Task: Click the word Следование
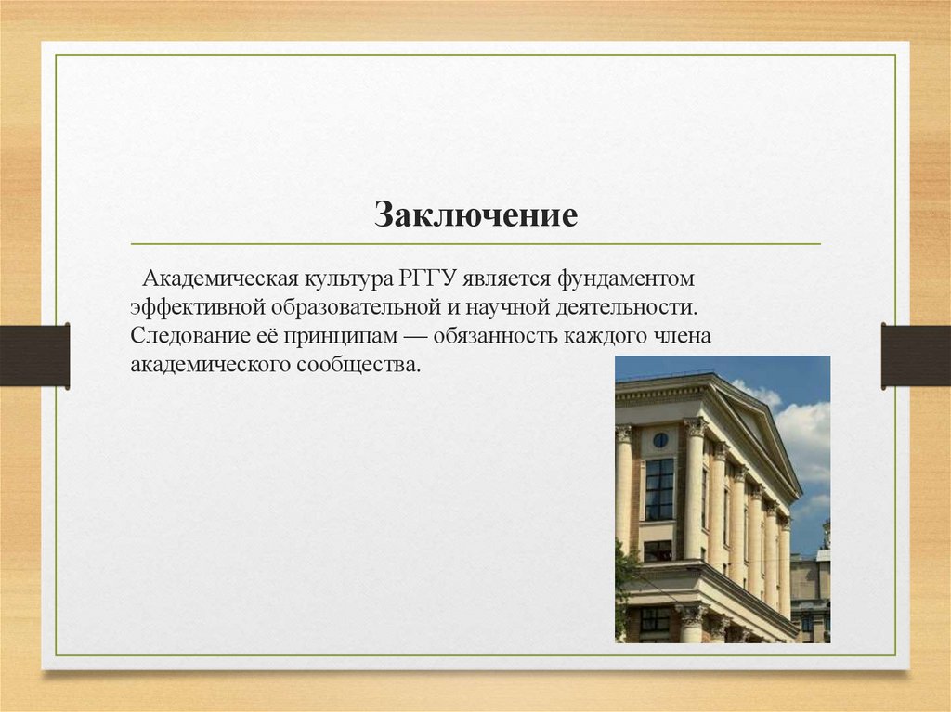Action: pyautogui.click(x=185, y=334)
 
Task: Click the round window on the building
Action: pyautogui.click(x=659, y=439)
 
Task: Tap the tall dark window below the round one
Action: pyautogui.click(x=659, y=488)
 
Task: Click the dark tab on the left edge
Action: pyautogui.click(x=34, y=355)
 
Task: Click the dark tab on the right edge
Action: pyautogui.click(x=916, y=355)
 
